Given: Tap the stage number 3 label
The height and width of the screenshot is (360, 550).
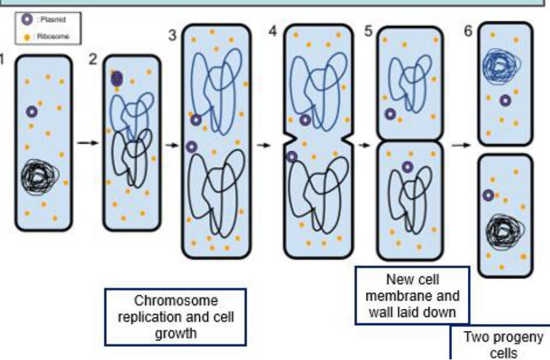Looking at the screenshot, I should tap(172, 35).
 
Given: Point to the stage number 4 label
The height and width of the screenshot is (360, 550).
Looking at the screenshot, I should tap(273, 31).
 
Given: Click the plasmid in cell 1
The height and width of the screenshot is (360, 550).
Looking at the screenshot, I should tap(32, 112).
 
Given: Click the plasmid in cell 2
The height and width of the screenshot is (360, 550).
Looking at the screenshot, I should tap(117, 79).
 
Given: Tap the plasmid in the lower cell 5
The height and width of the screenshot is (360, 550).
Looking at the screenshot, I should tap(408, 167).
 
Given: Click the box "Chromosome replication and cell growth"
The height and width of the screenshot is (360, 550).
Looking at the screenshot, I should tap(176, 317).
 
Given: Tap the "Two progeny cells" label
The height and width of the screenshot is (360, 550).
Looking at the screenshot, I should tap(503, 344).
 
